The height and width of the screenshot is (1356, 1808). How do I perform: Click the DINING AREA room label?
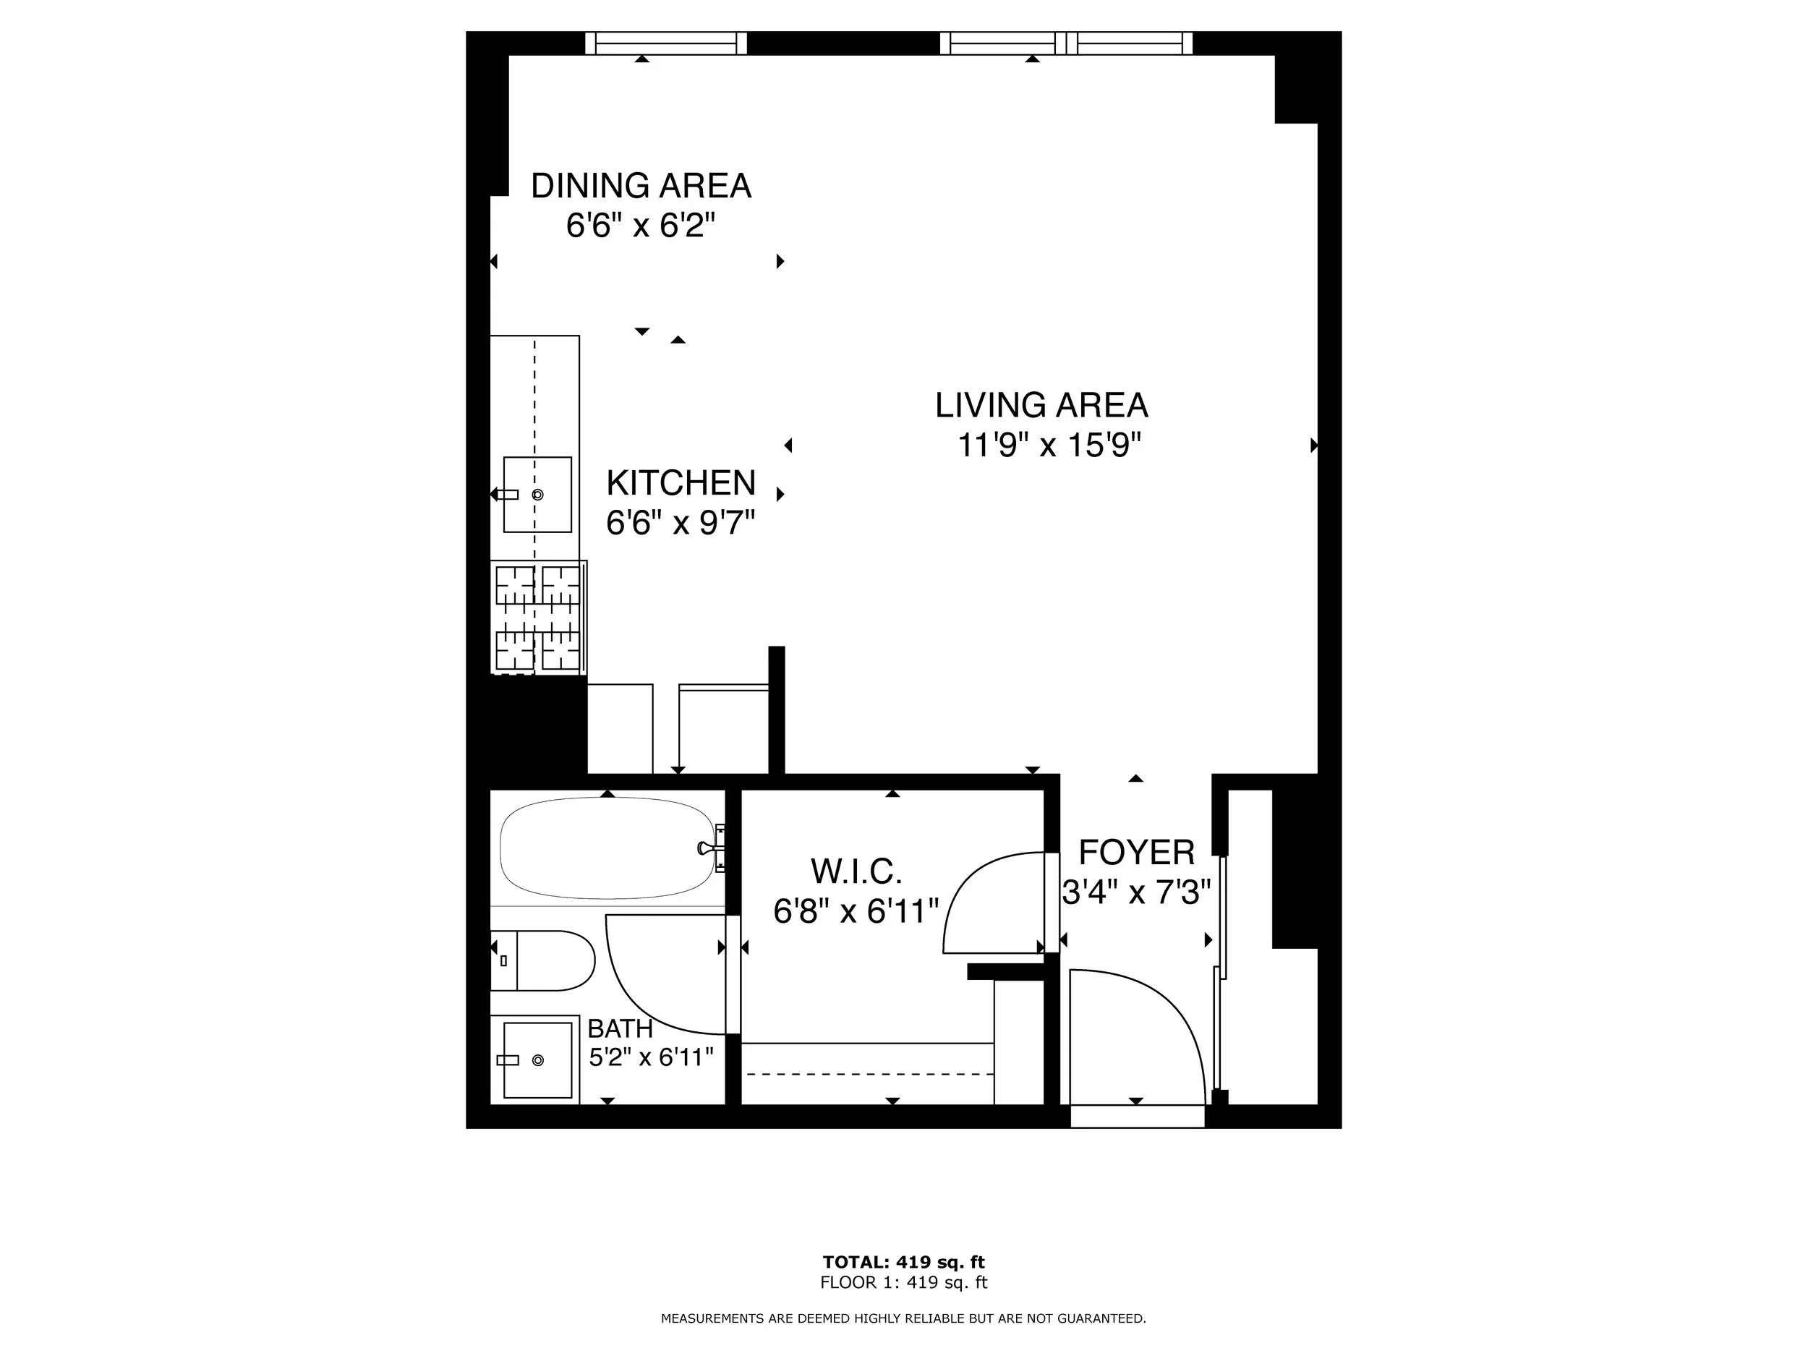pos(641,187)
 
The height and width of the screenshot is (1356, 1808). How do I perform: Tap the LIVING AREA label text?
pos(1041,406)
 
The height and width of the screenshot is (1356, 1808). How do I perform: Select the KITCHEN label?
pos(681,483)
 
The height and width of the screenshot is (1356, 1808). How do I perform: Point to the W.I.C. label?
pos(856,871)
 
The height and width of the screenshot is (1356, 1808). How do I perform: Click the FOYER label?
pos(1136,853)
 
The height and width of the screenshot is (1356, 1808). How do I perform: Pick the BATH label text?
pos(621,1028)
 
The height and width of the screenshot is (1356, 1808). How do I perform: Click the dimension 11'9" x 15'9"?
pos(1049,445)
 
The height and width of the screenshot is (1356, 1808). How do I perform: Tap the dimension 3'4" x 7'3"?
pos(1136,892)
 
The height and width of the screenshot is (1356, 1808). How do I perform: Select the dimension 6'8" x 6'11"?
pos(856,911)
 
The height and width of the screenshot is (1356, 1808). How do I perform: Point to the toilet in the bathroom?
pos(542,960)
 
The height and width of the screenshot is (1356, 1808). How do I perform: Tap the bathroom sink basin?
pos(537,1060)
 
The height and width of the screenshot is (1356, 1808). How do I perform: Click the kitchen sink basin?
pos(537,495)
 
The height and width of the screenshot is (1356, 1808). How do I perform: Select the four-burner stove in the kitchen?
pos(538,618)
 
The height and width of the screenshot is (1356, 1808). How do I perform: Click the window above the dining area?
pos(666,43)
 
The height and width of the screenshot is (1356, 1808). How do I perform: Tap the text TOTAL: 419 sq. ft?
pos(904,1262)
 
